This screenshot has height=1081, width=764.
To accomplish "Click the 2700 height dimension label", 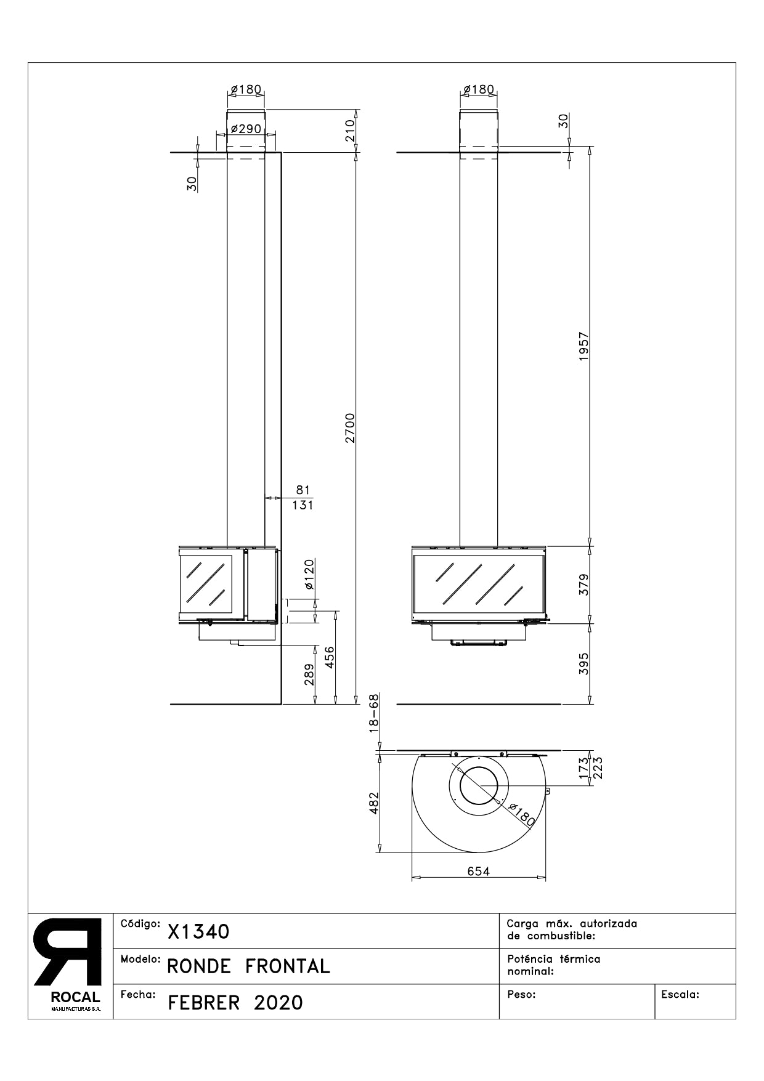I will pyautogui.click(x=349, y=428).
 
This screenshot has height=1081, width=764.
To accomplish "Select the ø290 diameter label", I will pyautogui.click(x=246, y=129).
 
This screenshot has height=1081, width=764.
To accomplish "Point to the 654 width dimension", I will pyautogui.click(x=478, y=871).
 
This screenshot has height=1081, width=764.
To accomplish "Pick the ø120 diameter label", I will pyautogui.click(x=309, y=574).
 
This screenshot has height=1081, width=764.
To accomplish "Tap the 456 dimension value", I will pyautogui.click(x=330, y=658).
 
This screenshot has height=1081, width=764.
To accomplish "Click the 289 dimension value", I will pyautogui.click(x=309, y=674).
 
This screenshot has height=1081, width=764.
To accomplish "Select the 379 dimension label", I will pyautogui.click(x=584, y=584).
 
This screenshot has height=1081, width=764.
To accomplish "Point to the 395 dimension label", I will pyautogui.click(x=584, y=663).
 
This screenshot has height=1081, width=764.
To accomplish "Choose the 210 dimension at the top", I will pyautogui.click(x=349, y=131).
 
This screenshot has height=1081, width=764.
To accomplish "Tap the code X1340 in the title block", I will pyautogui.click(x=198, y=932).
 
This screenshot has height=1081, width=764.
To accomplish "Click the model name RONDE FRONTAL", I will pyautogui.click(x=248, y=966).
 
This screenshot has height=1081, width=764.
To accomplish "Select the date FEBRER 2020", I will pyautogui.click(x=235, y=1003).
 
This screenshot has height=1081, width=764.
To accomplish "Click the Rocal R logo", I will pyautogui.click(x=68, y=952).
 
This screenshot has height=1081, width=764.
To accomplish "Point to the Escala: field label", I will pyautogui.click(x=680, y=994).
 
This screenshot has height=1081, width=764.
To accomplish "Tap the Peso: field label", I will pyautogui.click(x=521, y=994).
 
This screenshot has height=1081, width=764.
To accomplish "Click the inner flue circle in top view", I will pyautogui.click(x=479, y=787).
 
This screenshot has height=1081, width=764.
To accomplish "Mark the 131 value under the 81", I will pyautogui.click(x=303, y=505).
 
